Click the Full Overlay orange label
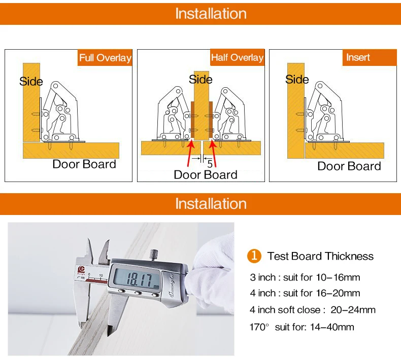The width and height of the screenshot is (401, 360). [105, 58]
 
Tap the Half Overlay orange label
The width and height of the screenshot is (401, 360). [237, 58]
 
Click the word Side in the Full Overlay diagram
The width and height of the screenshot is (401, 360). [31, 82]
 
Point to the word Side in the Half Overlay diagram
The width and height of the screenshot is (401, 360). [201, 80]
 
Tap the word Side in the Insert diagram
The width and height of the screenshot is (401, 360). [297, 80]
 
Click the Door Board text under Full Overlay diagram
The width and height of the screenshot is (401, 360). [84, 164]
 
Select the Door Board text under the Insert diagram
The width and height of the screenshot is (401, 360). [349, 166]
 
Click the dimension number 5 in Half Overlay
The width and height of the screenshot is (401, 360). [209, 163]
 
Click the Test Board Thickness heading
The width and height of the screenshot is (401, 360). [320, 256]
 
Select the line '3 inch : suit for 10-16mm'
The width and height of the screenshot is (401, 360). [305, 277]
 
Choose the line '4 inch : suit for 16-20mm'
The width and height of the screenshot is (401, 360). [305, 293]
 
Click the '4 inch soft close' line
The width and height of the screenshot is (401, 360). [312, 310]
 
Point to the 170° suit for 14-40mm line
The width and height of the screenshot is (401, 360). [302, 327]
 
